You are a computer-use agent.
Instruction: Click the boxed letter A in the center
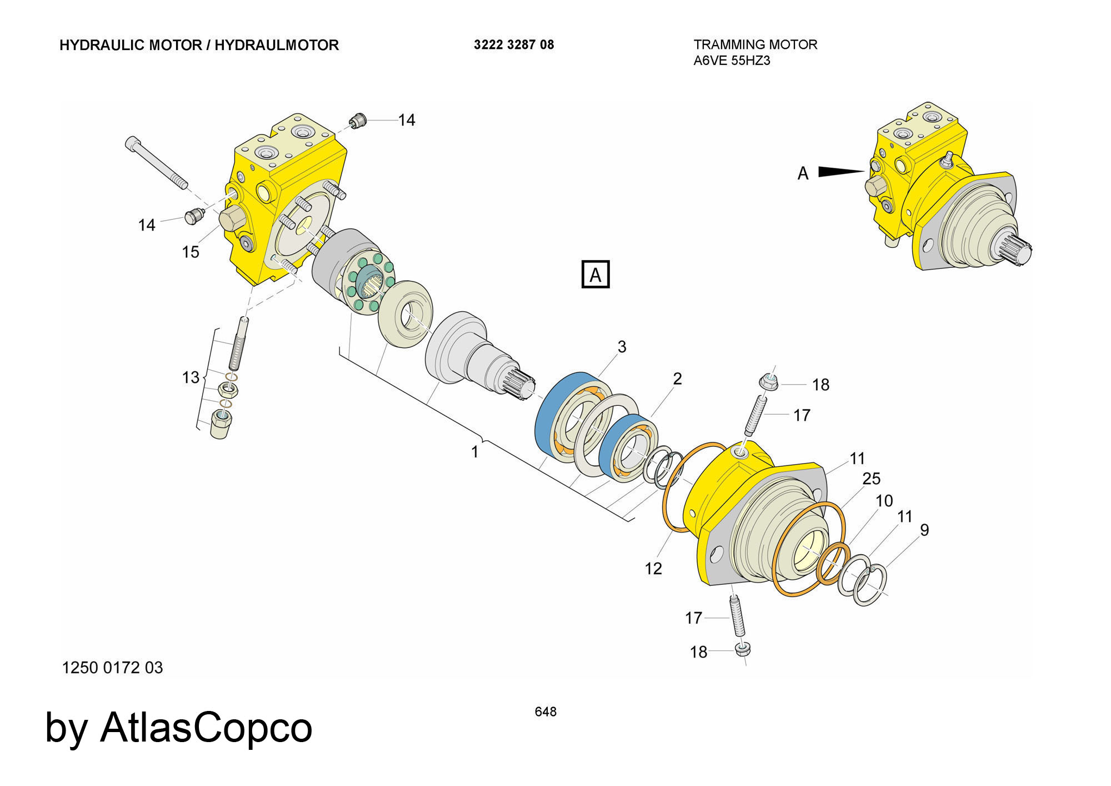click(x=595, y=275)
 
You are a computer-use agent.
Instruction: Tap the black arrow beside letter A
click(x=840, y=172)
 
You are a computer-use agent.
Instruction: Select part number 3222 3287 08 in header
click(x=514, y=45)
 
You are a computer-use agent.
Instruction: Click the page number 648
click(x=545, y=712)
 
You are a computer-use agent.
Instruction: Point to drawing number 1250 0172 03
click(x=112, y=668)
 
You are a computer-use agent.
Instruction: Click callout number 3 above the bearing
click(x=622, y=347)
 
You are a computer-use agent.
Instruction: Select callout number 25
click(x=871, y=479)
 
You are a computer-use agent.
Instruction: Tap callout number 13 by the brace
click(x=191, y=378)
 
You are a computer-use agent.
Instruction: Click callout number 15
click(x=191, y=252)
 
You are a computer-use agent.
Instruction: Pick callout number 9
click(x=924, y=530)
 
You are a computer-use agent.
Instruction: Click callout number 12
click(x=653, y=569)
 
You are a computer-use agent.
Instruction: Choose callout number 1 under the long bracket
click(x=474, y=452)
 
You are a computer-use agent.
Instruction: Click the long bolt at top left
click(x=157, y=163)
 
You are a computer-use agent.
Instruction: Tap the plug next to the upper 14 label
click(x=359, y=120)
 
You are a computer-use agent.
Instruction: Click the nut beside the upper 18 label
click(x=768, y=382)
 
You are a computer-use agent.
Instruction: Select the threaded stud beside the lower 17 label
click(x=738, y=616)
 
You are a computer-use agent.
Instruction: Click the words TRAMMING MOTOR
click(x=755, y=44)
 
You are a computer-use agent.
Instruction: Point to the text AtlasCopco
click(x=206, y=727)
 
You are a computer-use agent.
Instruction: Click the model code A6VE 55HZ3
click(x=732, y=61)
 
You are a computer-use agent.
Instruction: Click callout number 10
click(x=884, y=501)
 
